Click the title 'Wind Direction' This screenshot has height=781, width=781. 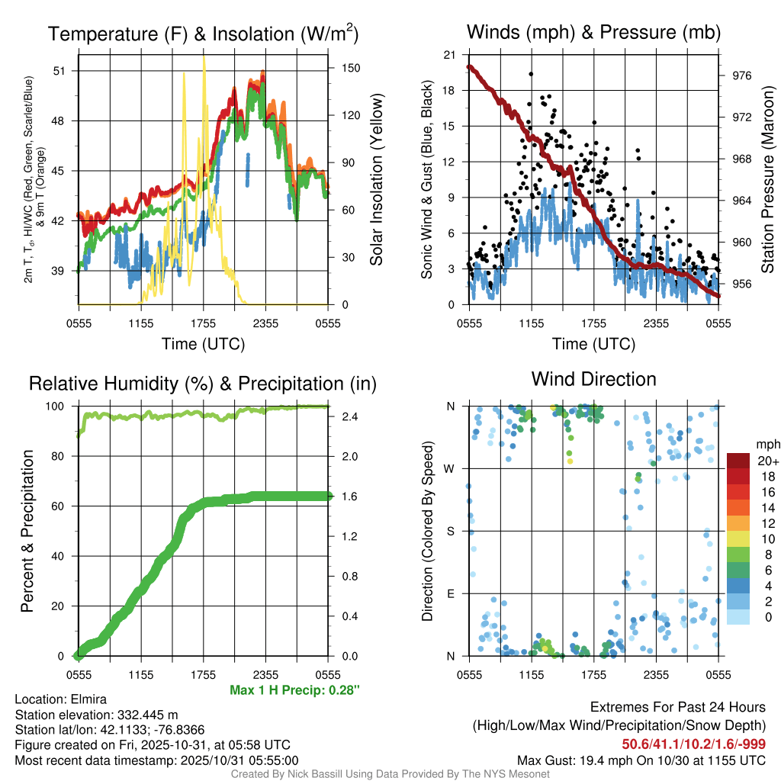593,379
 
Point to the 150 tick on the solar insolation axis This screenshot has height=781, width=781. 351,68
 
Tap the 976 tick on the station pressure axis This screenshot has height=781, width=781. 742,76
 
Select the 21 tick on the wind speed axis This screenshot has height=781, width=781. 450,55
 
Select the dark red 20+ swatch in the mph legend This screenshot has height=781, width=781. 739,461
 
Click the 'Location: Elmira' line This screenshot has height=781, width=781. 61,699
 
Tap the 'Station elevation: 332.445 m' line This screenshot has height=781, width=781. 96,715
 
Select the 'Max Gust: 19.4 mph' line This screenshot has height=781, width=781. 641,760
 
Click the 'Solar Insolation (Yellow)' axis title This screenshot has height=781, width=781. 376,180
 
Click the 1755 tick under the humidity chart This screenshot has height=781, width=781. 203,674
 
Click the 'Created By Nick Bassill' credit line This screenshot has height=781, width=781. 390,774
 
